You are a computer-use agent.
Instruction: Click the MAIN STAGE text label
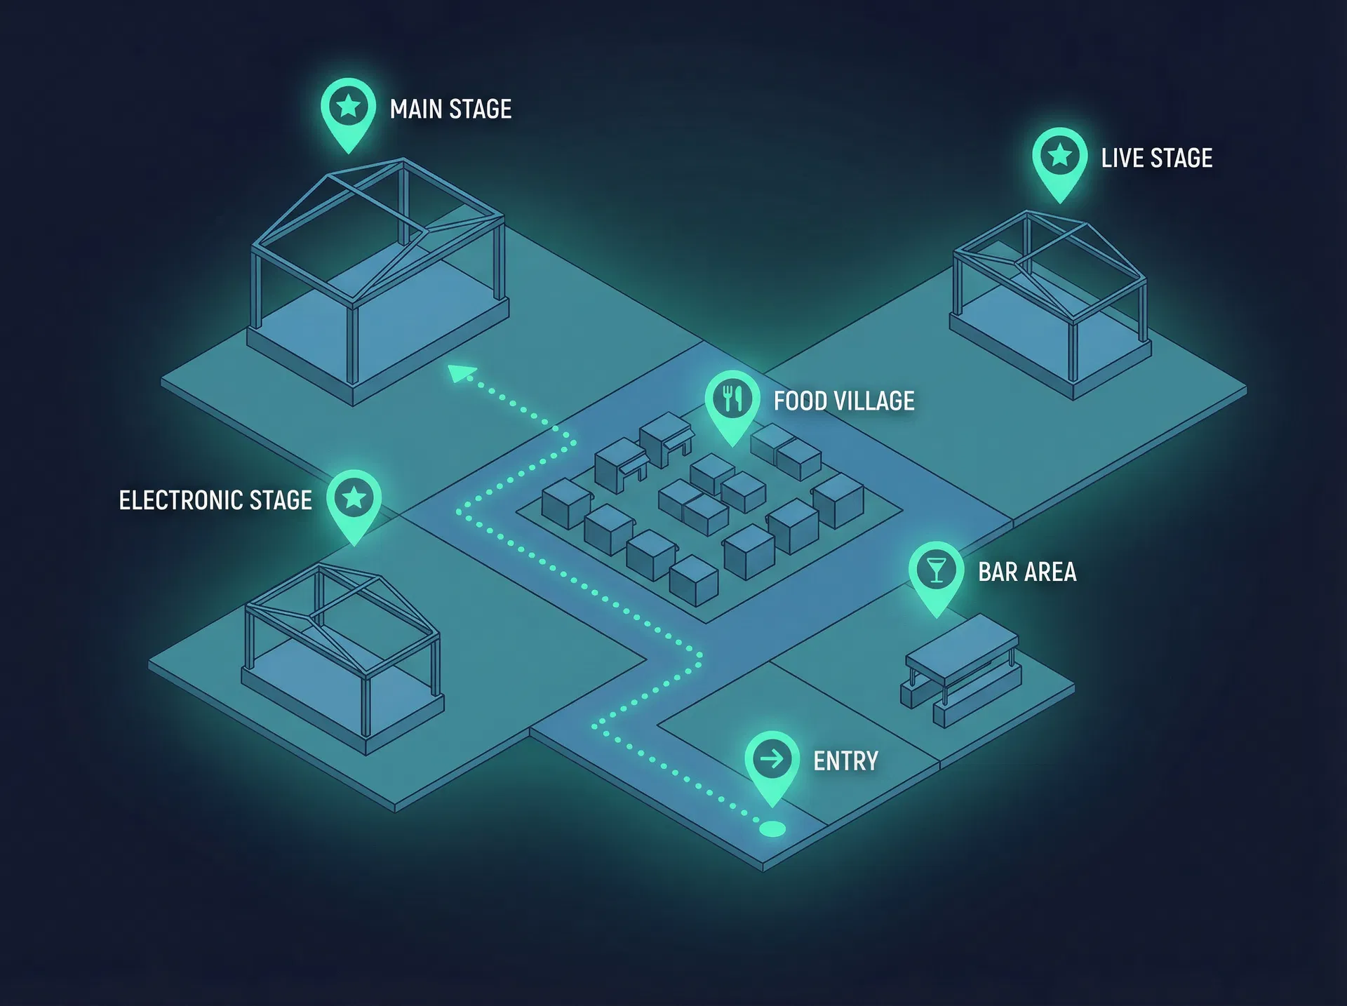(x=450, y=109)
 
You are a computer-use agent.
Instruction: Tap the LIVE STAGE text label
(x=1156, y=159)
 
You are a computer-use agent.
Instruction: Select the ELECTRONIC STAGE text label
(x=215, y=500)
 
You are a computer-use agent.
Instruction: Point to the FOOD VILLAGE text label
(x=843, y=401)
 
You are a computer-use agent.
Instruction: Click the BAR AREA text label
(x=1027, y=572)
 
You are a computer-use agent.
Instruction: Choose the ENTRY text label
(x=845, y=761)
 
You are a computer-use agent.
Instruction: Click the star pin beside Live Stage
(x=1059, y=159)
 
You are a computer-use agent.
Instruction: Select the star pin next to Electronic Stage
(x=354, y=500)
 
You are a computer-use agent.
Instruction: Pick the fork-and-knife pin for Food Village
(x=732, y=401)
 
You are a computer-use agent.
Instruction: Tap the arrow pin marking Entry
(x=772, y=762)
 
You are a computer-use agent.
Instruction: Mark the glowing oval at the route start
(x=772, y=829)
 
